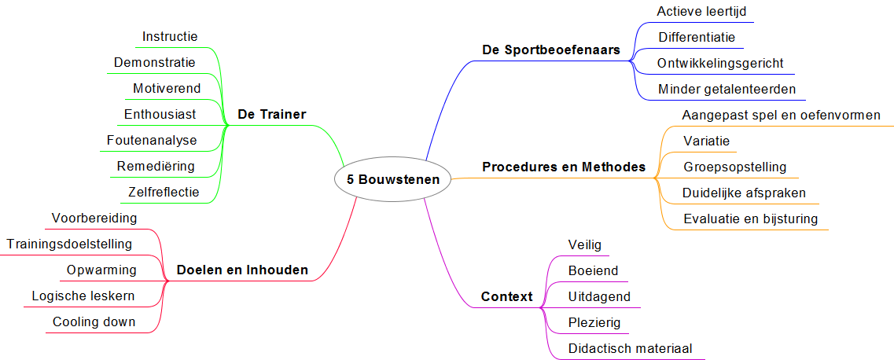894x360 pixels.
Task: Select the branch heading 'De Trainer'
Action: tap(271, 115)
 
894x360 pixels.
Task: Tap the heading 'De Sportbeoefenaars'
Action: tap(550, 50)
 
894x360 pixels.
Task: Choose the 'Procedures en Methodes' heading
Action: tap(563, 167)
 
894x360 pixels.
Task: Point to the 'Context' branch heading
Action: tap(506, 297)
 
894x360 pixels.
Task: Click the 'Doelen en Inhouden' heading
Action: tap(242, 270)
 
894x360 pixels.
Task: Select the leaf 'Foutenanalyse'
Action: tap(152, 141)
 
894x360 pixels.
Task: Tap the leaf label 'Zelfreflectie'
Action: tap(164, 192)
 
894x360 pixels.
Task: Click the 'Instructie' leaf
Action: tap(170, 37)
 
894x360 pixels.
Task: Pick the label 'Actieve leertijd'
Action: tap(702, 12)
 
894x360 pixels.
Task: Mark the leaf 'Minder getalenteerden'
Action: tap(727, 89)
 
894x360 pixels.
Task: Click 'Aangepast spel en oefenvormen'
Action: tap(782, 116)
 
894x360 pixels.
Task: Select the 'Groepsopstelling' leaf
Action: tap(734, 167)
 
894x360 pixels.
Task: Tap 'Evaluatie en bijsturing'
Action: tap(750, 219)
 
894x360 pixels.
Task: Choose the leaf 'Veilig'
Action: tap(584, 244)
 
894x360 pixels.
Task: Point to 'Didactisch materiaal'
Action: tap(630, 348)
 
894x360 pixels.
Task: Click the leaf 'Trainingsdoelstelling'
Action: tap(69, 244)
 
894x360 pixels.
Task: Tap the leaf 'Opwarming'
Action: tap(101, 270)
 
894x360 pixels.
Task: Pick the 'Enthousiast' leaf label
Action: tap(160, 115)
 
